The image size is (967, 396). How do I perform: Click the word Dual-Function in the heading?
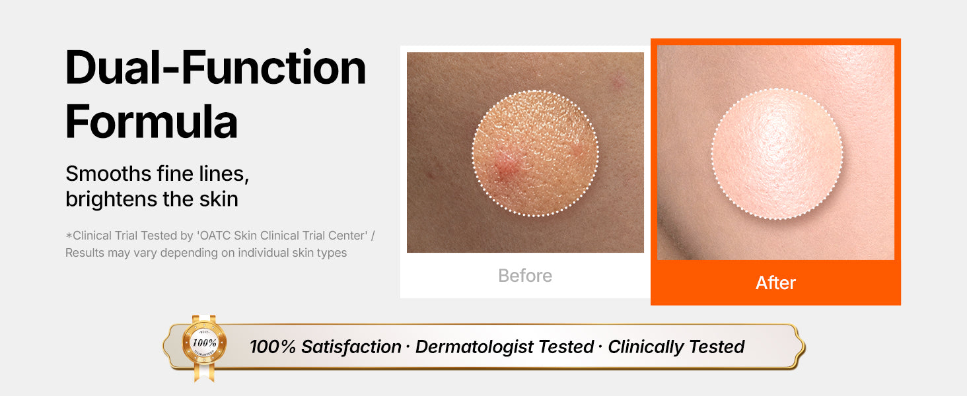click(x=215, y=67)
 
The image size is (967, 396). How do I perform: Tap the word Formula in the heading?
click(x=151, y=121)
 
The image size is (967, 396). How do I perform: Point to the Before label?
click(x=525, y=276)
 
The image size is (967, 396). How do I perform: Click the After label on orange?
click(x=775, y=283)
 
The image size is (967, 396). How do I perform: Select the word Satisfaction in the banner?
click(x=351, y=346)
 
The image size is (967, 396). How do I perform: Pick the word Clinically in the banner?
click(x=643, y=347)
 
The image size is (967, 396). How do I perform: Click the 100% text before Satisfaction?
click(x=272, y=346)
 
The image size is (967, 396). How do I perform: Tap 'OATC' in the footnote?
click(x=213, y=236)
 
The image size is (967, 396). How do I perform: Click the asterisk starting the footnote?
click(x=69, y=236)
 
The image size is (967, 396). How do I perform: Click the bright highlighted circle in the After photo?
click(x=777, y=154)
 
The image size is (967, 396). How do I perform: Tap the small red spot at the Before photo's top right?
click(x=619, y=81)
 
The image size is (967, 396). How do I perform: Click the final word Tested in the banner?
click(x=717, y=346)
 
